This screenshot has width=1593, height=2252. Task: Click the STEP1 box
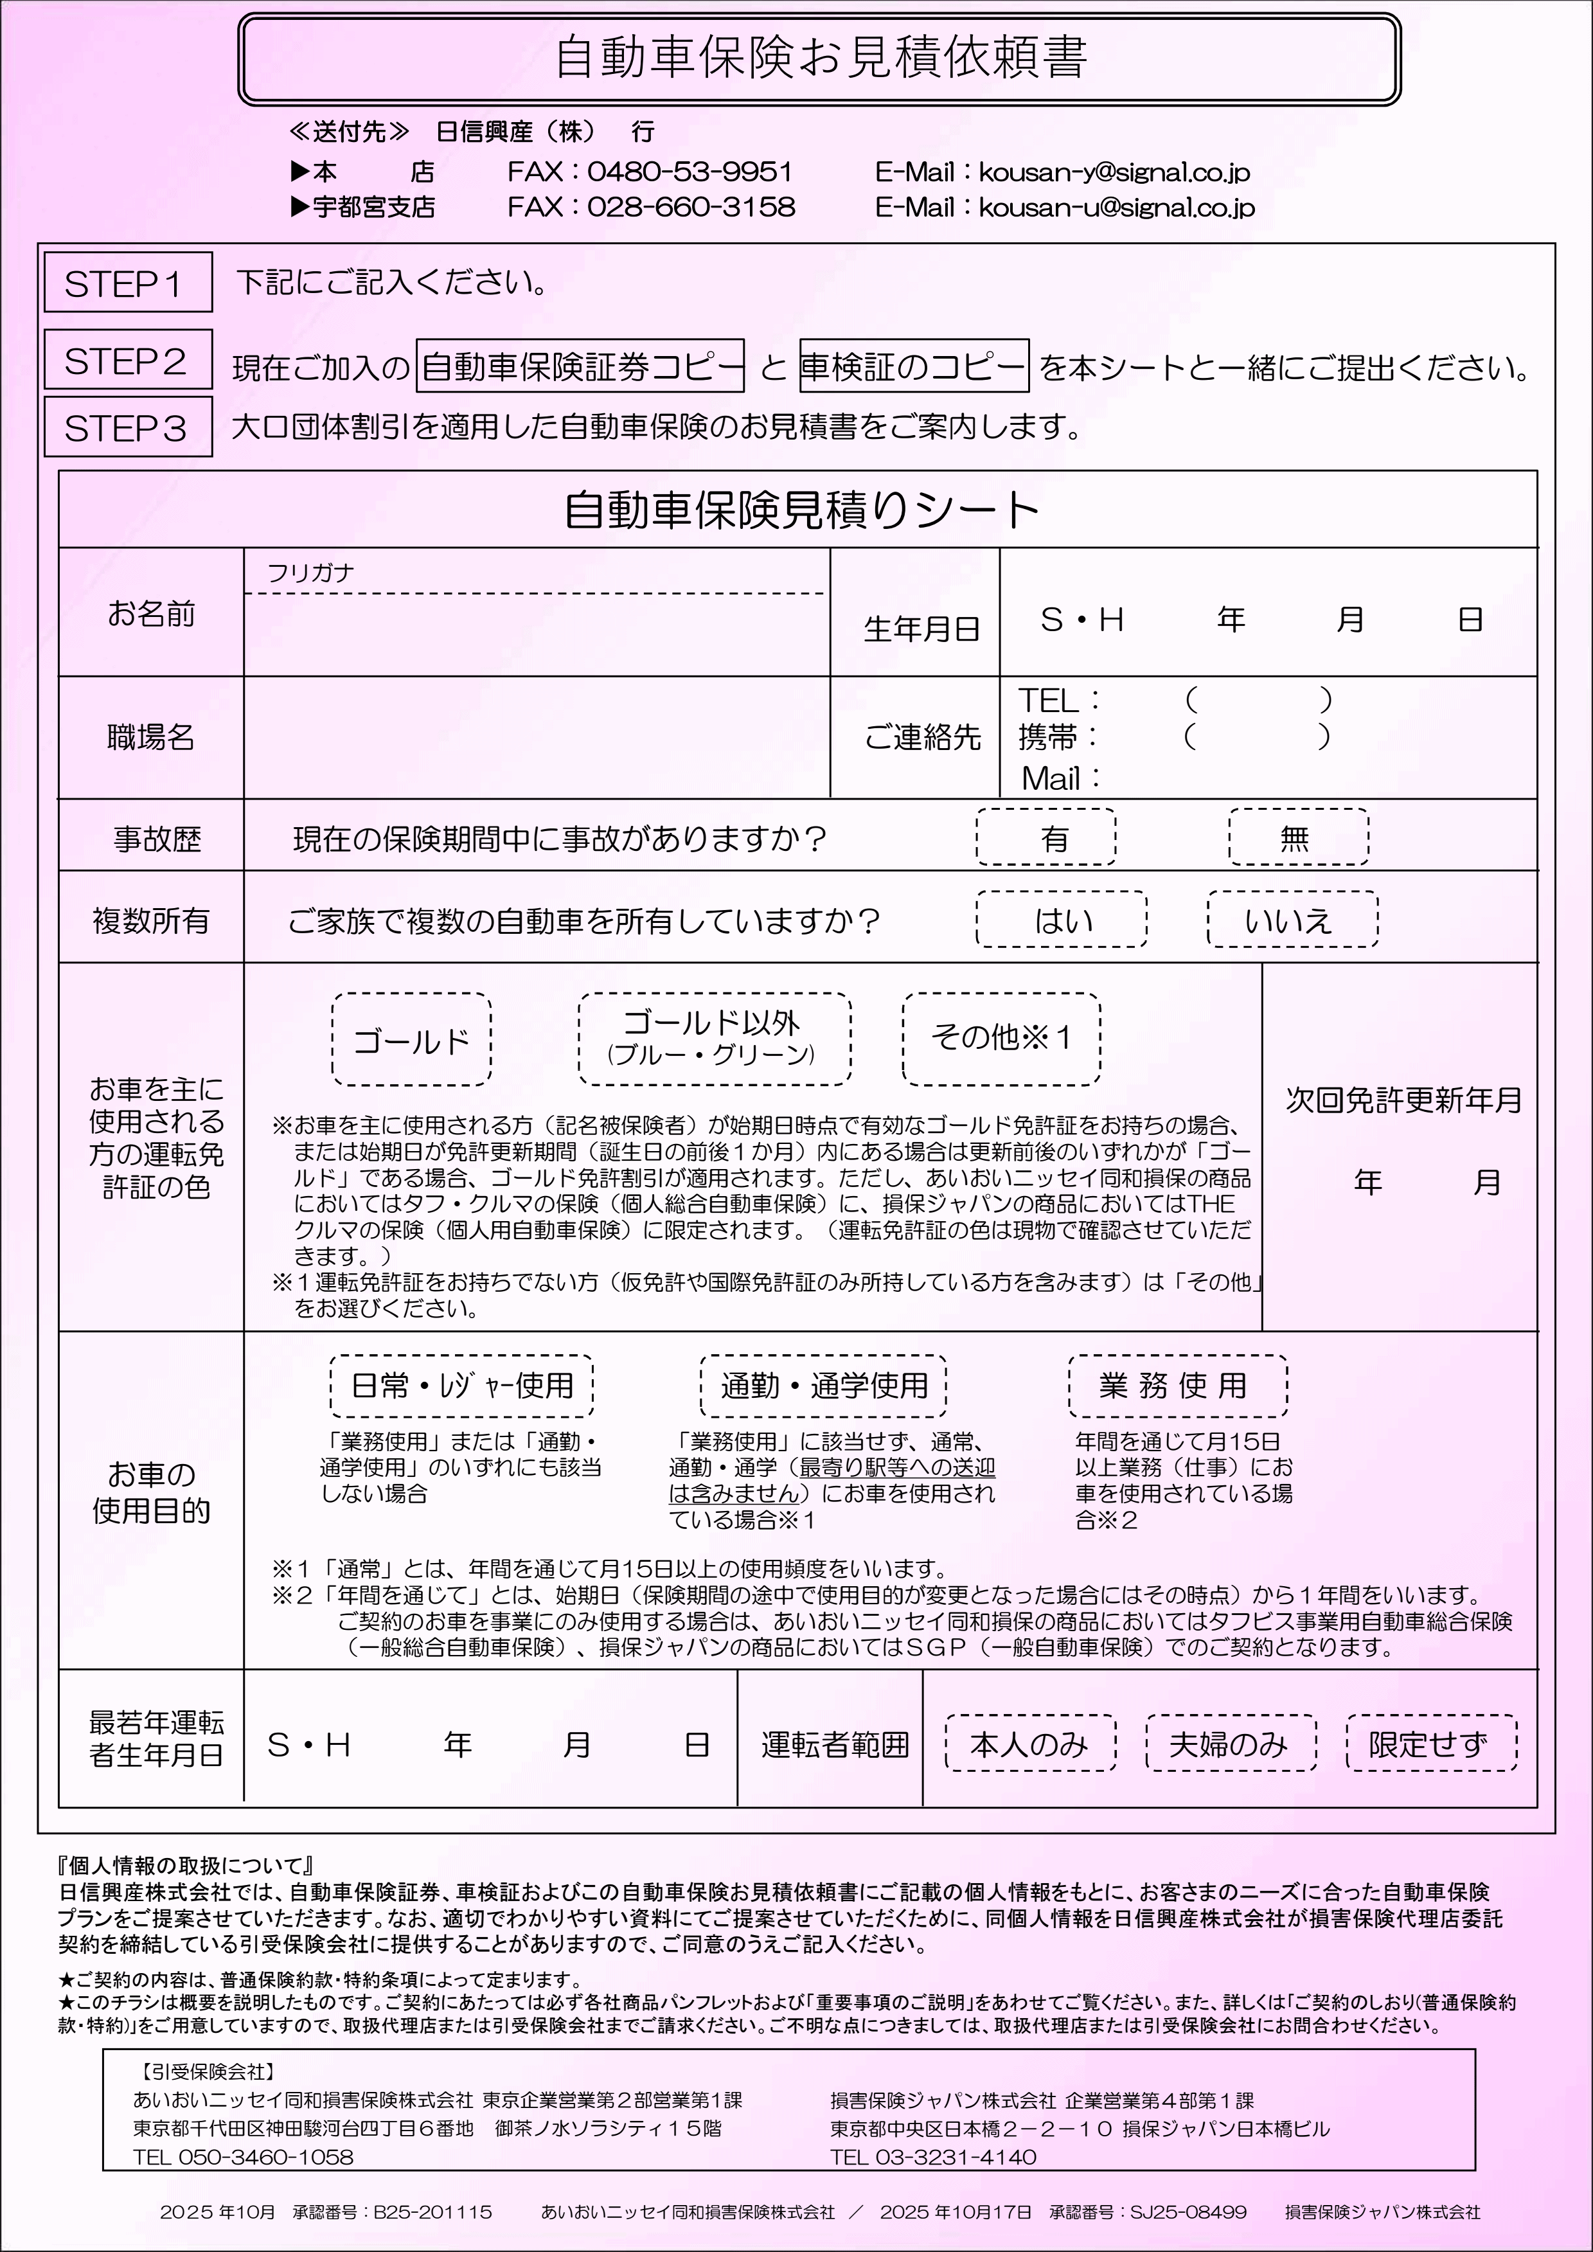coord(127,283)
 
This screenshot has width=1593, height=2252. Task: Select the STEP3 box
coord(127,427)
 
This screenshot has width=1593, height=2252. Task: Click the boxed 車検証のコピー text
coord(913,366)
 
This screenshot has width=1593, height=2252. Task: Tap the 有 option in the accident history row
coord(1046,837)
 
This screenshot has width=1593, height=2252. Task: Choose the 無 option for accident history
coord(1298,837)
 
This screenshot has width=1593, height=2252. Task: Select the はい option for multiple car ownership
coord(1062,920)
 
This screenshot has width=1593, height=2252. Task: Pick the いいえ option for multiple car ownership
coord(1292,920)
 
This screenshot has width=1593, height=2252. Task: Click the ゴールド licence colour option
coord(412,1040)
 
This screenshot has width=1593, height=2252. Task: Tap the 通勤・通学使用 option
coord(823,1386)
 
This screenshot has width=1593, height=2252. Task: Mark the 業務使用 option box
coord(1177,1386)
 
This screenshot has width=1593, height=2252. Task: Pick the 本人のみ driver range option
coord(1030,1744)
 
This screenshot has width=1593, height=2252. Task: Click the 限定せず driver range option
coord(1431,1744)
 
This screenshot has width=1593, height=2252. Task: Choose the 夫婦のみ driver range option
coord(1230,1744)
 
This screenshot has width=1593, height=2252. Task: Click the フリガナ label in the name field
coord(310,573)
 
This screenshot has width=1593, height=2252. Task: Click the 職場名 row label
coord(151,737)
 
